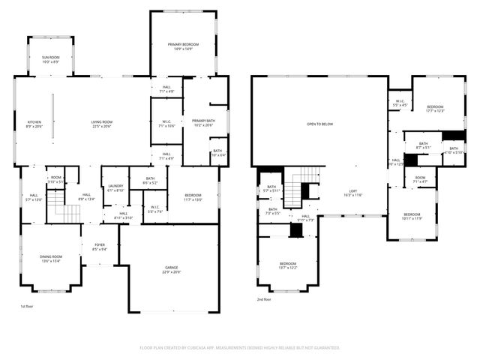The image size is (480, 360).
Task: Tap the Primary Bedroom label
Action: click(184, 47)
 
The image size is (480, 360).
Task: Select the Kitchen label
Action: click(34, 124)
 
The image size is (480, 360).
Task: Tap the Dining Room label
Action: click(51, 259)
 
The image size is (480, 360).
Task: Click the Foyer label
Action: click(100, 247)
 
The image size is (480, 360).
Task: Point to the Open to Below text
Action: click(320, 124)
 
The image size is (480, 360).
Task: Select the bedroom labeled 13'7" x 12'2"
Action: click(289, 265)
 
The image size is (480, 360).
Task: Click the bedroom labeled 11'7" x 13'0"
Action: click(193, 199)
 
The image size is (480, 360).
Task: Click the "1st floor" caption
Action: click(27, 307)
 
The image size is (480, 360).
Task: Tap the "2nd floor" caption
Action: click(264, 299)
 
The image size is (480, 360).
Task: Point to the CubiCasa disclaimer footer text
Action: click(240, 348)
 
